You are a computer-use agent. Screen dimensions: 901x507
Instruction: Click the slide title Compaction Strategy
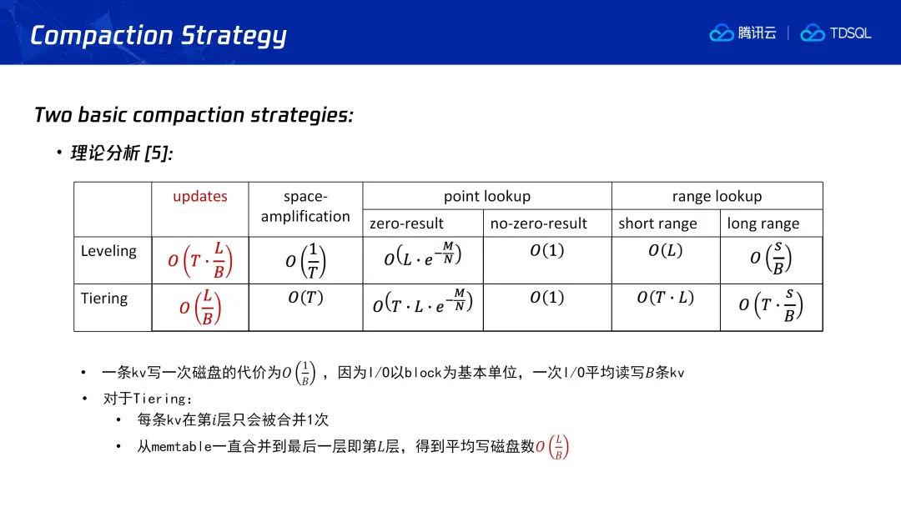tap(158, 36)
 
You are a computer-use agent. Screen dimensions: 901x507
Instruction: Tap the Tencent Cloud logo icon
tap(721, 33)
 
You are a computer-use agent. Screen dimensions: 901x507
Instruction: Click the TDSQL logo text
tap(850, 33)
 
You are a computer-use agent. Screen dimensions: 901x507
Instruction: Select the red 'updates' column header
tap(200, 196)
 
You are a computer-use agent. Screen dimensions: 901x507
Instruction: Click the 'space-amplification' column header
tap(305, 206)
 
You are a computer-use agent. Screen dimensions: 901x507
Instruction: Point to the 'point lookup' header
tap(487, 196)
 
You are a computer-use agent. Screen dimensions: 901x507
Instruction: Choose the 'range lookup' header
tap(717, 196)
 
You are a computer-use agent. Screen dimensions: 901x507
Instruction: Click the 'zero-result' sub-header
tap(406, 223)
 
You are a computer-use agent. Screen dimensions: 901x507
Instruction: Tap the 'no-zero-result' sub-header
tap(538, 223)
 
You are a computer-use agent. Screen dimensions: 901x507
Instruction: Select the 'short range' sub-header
tap(657, 223)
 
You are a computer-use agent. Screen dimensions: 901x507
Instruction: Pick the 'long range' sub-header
tap(763, 223)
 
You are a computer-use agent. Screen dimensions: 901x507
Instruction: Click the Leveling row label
tap(108, 251)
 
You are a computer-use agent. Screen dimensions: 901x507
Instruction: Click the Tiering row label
tap(104, 299)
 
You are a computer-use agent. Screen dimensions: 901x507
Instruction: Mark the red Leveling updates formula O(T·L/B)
tap(200, 260)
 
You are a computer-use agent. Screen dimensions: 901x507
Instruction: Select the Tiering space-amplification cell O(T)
tap(305, 298)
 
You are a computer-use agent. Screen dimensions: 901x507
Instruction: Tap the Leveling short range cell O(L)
tap(666, 250)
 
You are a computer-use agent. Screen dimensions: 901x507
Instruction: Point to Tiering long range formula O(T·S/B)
tap(771, 305)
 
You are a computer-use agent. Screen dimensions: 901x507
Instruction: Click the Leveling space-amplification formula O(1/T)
tap(305, 261)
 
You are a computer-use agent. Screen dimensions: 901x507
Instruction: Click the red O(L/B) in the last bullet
tap(552, 447)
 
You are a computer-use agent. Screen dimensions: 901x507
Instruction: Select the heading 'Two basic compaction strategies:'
tap(194, 115)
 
